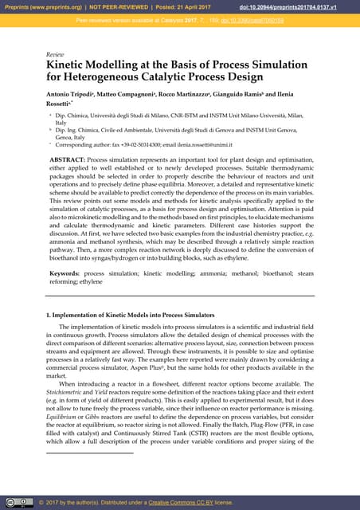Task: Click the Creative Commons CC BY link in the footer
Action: [x=185, y=502]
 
